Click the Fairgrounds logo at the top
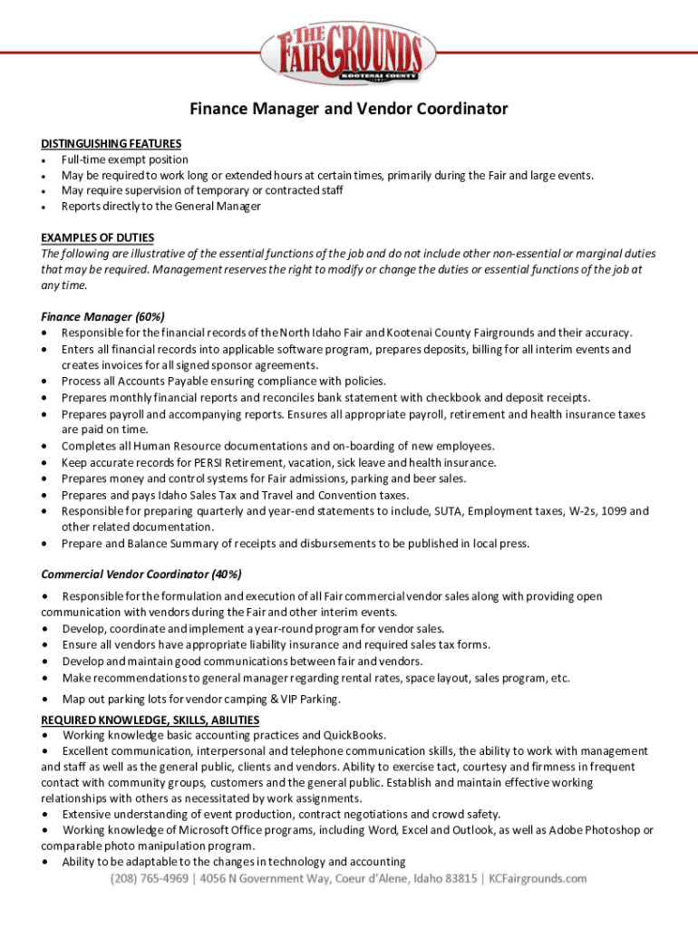pyautogui.click(x=348, y=53)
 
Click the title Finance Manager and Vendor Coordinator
pyautogui.click(x=349, y=110)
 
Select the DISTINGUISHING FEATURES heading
pyautogui.click(x=111, y=143)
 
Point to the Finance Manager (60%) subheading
pyautogui.click(x=102, y=317)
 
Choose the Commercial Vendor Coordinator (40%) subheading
pyautogui.click(x=141, y=575)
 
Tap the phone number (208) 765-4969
pyautogui.click(x=149, y=879)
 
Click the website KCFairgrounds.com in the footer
pyautogui.click(x=538, y=879)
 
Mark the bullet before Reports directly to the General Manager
pyautogui.click(x=44, y=207)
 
